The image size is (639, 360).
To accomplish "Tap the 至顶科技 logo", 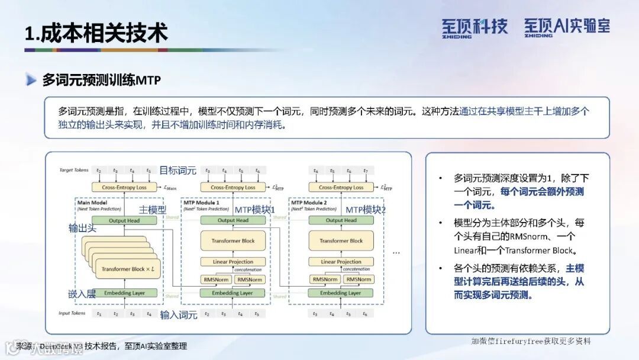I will point(475,27).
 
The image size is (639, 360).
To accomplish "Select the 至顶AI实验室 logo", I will point(566,27).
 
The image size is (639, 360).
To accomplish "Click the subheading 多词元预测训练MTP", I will point(101,80).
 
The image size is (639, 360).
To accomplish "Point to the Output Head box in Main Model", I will point(125,220).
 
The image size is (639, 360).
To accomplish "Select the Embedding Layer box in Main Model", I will point(125,292).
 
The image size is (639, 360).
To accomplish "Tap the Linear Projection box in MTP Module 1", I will point(233,262).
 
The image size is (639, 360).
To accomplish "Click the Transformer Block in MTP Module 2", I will point(341,241).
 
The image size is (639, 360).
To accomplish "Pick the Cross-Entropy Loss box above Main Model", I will point(125,187).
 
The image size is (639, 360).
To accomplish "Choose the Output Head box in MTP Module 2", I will point(341,220).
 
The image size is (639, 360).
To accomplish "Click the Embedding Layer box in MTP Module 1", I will point(233,292).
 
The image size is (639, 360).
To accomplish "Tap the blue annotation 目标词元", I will point(177,171).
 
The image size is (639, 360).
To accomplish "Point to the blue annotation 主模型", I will point(153,210).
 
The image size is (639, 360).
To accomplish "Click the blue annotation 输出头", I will point(82,228).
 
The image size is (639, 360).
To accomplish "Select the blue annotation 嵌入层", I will point(82,294).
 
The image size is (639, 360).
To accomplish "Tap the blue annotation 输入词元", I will point(178,314).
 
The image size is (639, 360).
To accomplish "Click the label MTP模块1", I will point(255,210).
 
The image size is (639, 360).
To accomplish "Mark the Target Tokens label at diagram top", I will point(74,171).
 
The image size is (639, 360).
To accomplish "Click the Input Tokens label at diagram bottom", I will point(73,313).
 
